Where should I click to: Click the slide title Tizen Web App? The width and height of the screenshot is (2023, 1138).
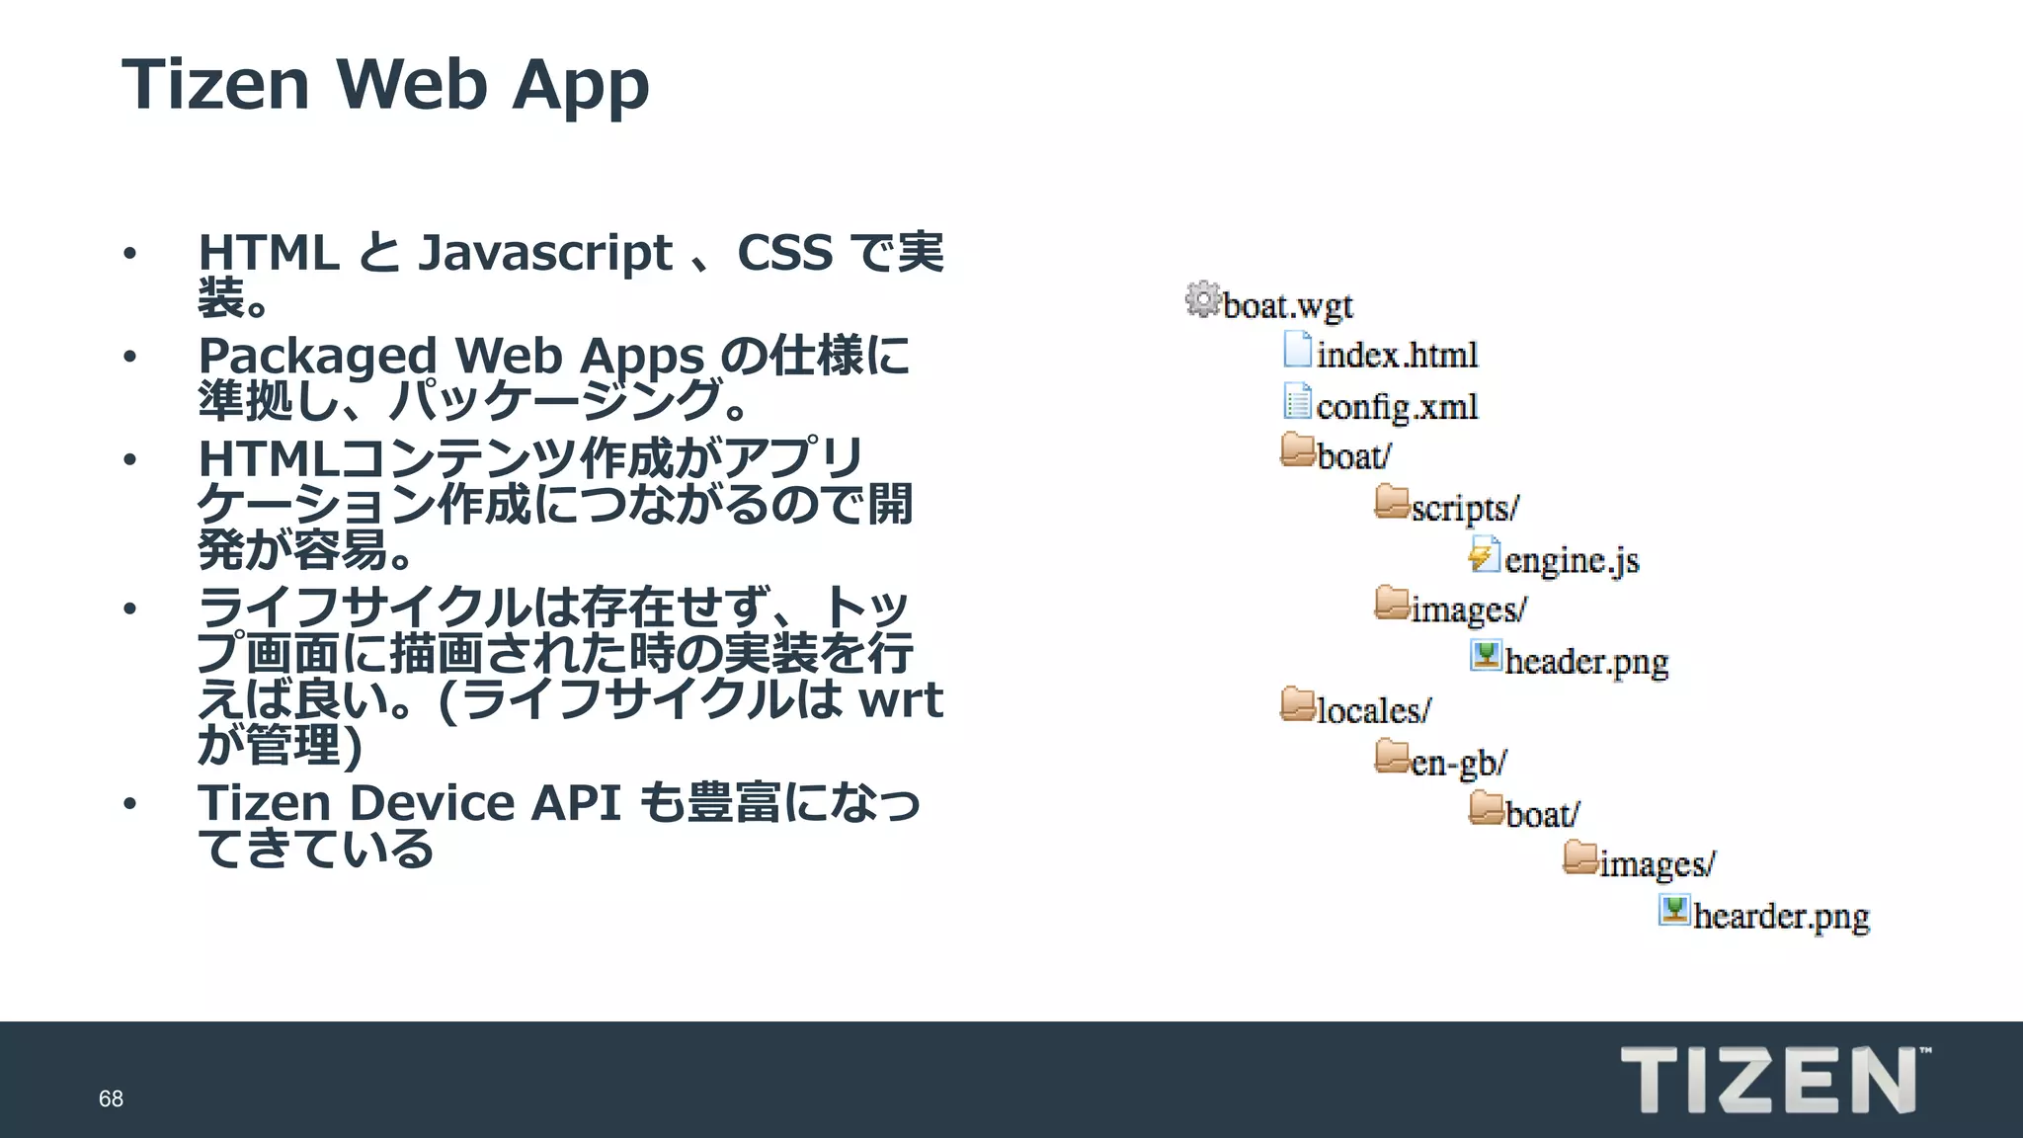point(385,85)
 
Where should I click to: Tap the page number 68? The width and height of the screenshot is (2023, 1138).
point(111,1098)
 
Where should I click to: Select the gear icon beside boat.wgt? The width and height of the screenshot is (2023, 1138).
point(1202,299)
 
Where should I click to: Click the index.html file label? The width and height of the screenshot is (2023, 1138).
point(1397,355)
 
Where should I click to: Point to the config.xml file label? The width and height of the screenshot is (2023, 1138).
point(1397,406)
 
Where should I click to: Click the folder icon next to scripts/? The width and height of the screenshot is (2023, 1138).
point(1392,502)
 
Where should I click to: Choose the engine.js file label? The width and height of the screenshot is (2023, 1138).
point(1572,560)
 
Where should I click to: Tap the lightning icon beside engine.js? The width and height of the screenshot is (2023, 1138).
point(1483,554)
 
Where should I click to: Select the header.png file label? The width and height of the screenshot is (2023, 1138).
point(1586,661)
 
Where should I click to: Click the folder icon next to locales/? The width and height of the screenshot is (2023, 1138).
point(1298,704)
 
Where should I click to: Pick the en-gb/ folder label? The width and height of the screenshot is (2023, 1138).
point(1459,763)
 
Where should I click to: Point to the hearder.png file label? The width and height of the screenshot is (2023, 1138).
point(1781,916)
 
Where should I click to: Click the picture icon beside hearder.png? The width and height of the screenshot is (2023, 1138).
point(1673,910)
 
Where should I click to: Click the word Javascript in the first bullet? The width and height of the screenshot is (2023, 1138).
point(545,253)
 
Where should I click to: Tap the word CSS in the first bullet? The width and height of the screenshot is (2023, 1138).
point(784,253)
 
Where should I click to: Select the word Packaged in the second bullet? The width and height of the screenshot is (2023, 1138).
point(317,356)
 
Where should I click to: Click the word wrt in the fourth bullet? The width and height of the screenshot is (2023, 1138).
point(901,699)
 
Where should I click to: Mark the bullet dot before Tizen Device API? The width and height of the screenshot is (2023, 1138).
point(129,804)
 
